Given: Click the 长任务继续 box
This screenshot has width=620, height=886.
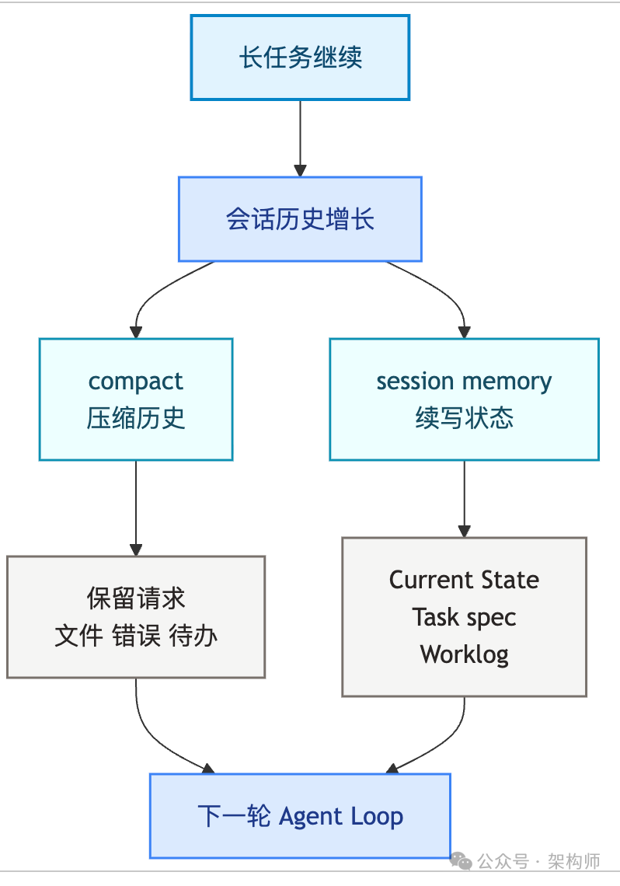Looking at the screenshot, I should coord(300,58).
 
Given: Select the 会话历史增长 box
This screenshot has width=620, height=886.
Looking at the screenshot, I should coord(300,218).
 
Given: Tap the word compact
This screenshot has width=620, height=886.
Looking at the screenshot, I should coord(136,382).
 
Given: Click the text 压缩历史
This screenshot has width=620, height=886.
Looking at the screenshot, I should coord(136,418).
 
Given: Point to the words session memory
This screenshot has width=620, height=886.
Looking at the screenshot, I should coord(464,382).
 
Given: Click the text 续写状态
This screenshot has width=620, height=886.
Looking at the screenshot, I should coord(464,418).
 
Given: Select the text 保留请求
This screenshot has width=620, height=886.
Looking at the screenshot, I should coord(136,598).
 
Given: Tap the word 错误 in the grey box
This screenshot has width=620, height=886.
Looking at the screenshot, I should coord(136,636).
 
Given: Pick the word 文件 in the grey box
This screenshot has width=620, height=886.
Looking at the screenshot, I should coord(78,636).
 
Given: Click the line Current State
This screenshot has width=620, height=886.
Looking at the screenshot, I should coord(464,580).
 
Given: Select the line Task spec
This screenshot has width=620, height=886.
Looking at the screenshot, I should coord(464,617).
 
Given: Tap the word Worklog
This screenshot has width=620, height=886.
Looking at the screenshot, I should coord(464,654).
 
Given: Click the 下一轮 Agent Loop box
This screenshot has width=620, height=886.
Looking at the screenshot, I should coord(300,815).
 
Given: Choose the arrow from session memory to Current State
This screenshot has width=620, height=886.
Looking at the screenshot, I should coord(464,498).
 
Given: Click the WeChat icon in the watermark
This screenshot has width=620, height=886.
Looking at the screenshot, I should coord(461,862).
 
